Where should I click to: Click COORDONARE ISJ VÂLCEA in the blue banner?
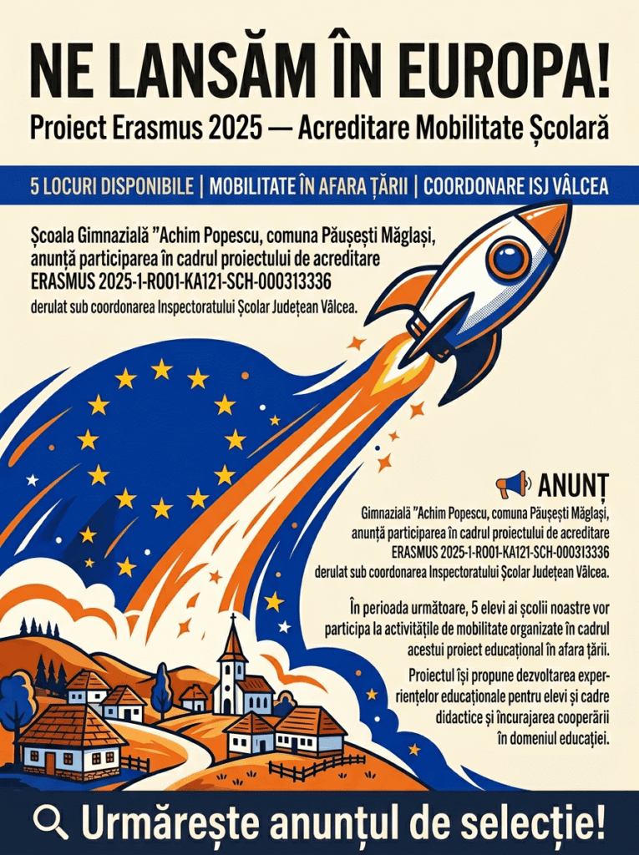click(x=515, y=186)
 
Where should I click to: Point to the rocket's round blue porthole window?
click(x=508, y=257)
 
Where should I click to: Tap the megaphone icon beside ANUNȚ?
click(x=512, y=483)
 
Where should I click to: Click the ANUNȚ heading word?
click(x=573, y=484)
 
